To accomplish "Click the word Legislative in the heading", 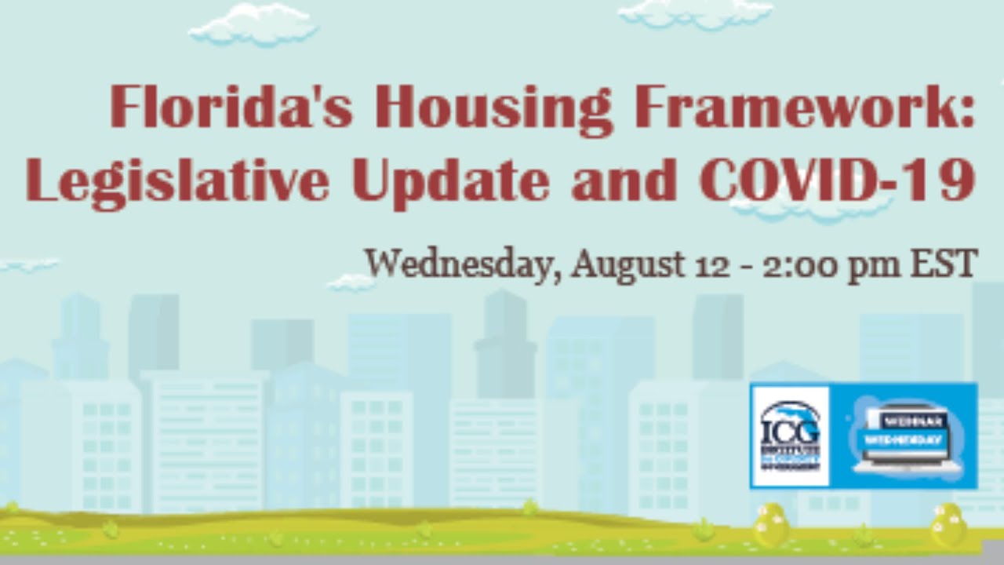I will (177, 180).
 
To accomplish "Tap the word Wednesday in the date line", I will (463, 264).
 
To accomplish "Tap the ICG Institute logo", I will (790, 435).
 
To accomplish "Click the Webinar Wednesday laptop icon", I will (904, 436).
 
